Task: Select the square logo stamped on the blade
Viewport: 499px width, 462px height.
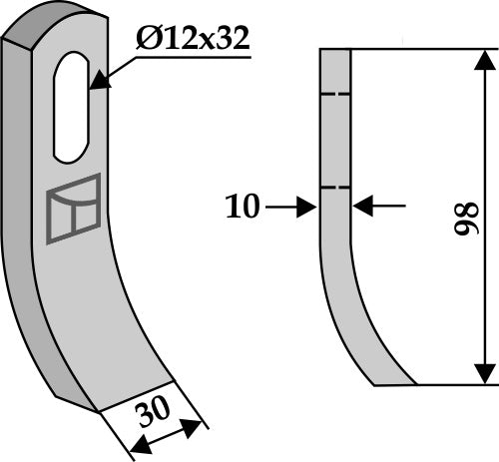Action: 73,208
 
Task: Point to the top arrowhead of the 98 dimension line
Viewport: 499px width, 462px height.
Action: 484,58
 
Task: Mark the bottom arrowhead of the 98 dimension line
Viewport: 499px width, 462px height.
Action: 484,373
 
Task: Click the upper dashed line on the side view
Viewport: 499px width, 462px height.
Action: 335,96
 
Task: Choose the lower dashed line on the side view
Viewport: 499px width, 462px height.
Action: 335,187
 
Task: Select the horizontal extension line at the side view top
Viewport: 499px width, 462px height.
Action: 419,47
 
